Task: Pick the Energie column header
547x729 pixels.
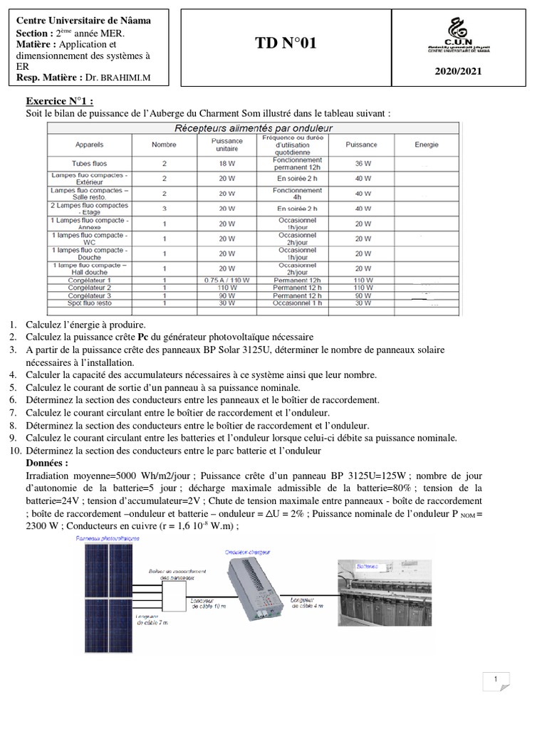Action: pos(427,144)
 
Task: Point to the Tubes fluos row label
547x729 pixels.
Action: pos(90,163)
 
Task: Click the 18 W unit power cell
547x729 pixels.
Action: pos(227,163)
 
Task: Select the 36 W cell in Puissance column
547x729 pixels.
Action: pos(362,163)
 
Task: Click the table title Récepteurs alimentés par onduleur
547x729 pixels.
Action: pos(254,128)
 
